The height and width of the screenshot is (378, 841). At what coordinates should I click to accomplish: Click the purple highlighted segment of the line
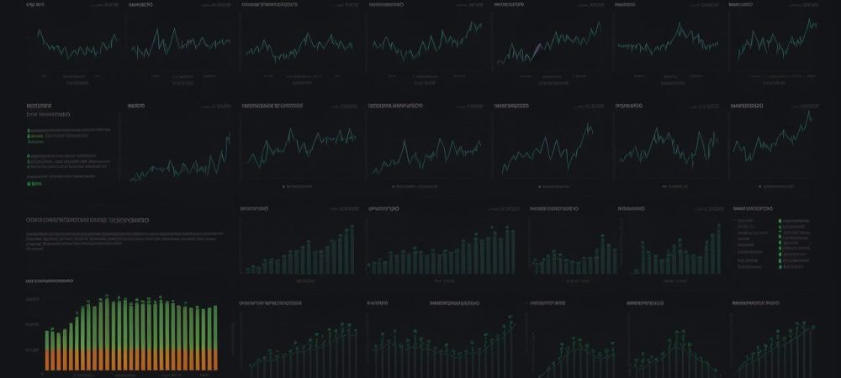(x=533, y=52)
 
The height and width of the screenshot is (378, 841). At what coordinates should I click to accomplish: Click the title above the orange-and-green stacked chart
(x=50, y=281)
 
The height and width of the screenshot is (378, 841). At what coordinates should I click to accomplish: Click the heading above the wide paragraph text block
(x=88, y=219)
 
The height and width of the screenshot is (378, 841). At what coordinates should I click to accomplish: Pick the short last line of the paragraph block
(x=34, y=249)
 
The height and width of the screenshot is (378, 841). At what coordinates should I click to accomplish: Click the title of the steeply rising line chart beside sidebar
(x=135, y=107)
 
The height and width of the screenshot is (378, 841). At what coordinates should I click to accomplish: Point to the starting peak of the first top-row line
(x=39, y=34)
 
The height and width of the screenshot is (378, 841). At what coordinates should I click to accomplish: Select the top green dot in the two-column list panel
(x=780, y=220)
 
